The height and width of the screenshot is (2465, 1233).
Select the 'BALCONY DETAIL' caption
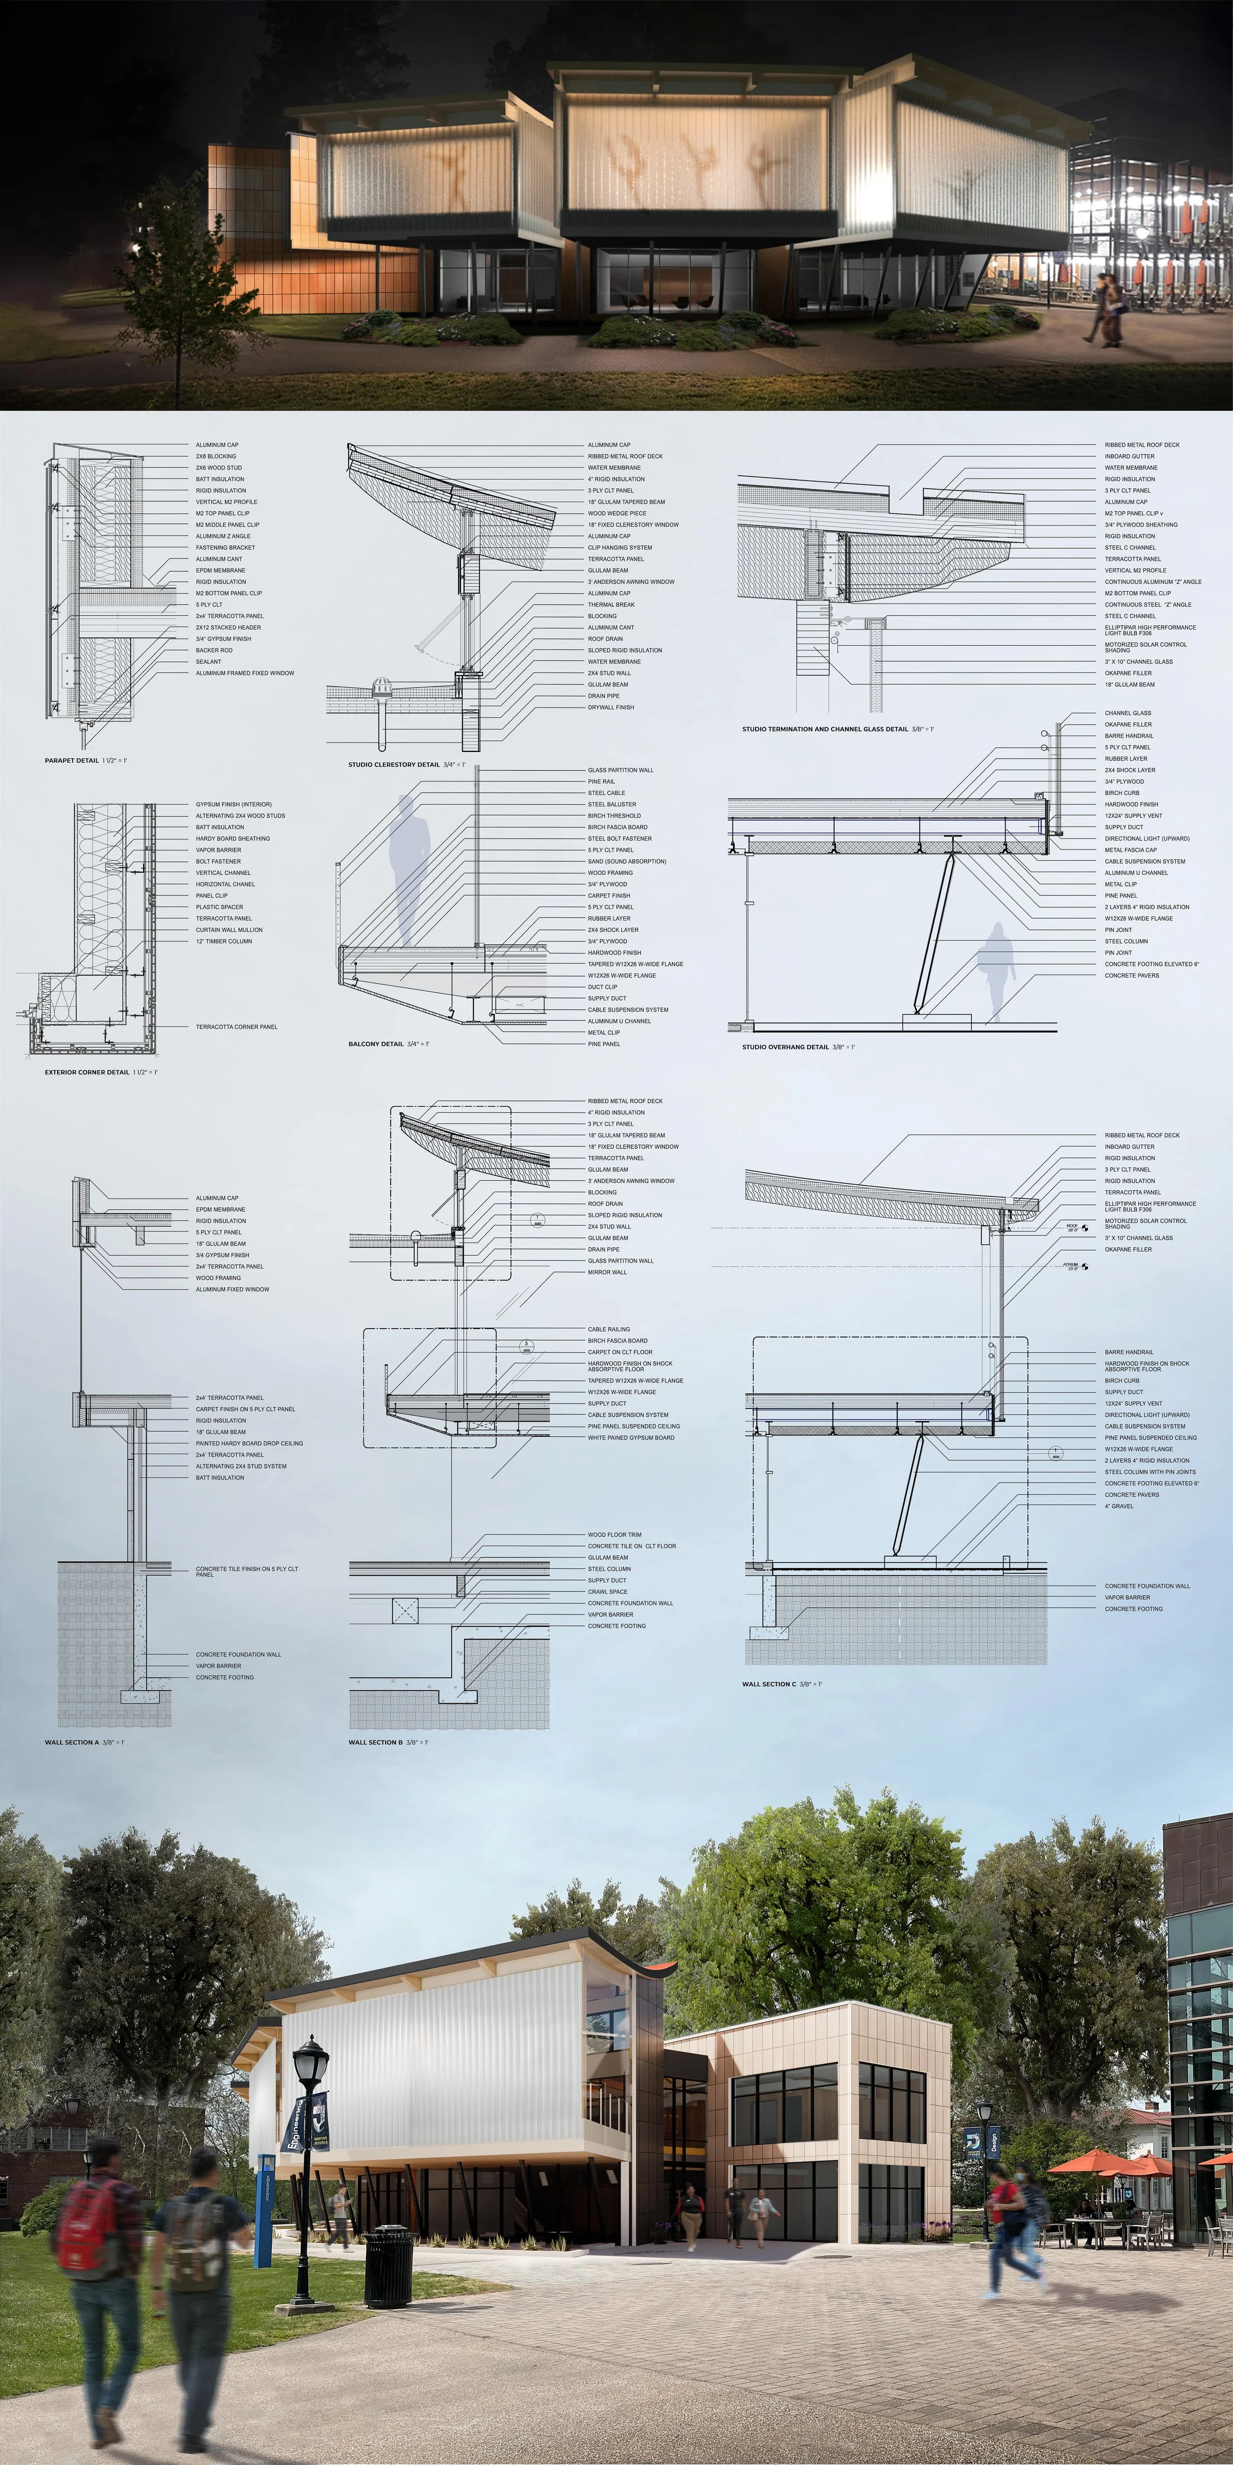[375, 1044]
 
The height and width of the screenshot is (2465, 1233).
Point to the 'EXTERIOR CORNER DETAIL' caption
[86, 1073]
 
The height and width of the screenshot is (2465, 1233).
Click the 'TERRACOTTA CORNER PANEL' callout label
[236, 1027]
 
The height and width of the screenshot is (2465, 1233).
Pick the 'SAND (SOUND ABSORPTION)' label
[627, 861]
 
